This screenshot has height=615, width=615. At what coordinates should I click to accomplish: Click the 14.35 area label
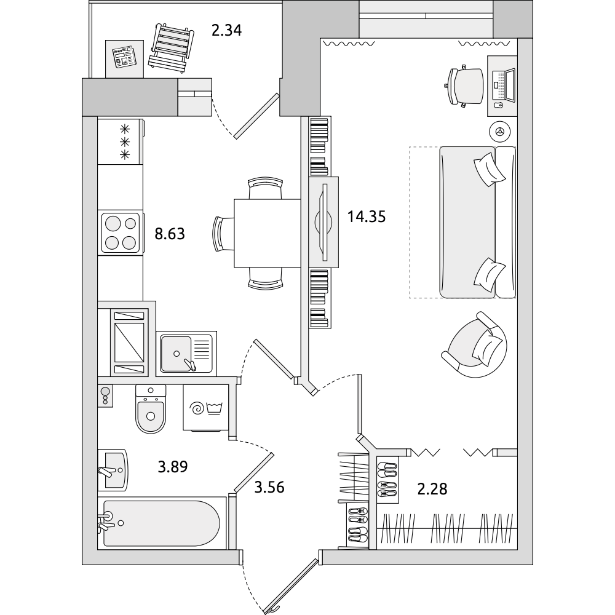click(x=367, y=216)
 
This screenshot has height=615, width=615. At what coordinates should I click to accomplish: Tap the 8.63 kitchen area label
click(x=170, y=234)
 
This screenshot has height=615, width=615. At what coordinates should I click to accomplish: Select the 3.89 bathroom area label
click(x=173, y=467)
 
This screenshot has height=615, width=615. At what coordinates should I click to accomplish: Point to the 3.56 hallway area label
click(x=269, y=488)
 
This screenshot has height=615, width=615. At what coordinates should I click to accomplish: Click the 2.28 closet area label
click(x=432, y=489)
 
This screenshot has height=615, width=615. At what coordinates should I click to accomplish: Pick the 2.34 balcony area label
click(x=226, y=30)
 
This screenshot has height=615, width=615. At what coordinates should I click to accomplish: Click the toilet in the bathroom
click(x=151, y=409)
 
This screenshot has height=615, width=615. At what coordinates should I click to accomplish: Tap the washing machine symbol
click(x=206, y=408)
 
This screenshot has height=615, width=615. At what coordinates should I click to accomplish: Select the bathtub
click(x=161, y=523)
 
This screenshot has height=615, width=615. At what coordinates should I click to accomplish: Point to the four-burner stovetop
click(x=121, y=233)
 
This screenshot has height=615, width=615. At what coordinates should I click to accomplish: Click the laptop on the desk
click(x=504, y=85)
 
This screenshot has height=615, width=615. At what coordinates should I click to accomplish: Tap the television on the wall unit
click(x=324, y=222)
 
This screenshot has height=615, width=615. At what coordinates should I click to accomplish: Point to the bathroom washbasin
click(x=113, y=470)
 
